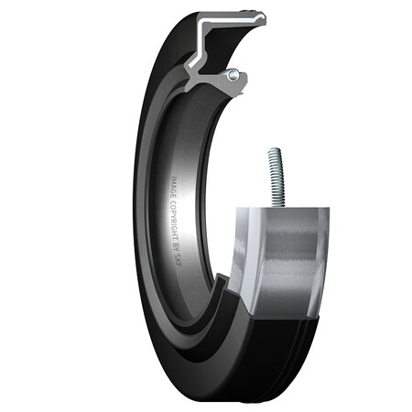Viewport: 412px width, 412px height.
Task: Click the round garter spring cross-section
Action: (x=234, y=74)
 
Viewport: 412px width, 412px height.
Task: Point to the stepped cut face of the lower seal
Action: (x=220, y=311)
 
